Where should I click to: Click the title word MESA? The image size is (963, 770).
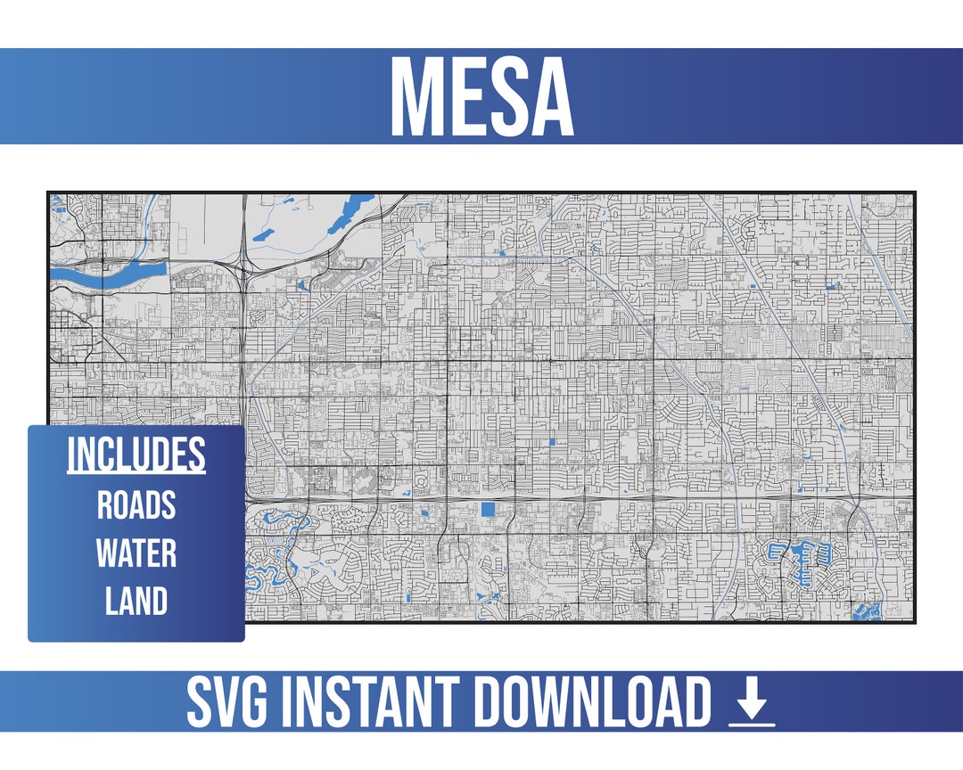tap(481, 96)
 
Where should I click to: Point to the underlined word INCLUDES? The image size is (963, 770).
tap(136, 455)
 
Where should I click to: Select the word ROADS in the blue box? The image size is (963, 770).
tap(136, 505)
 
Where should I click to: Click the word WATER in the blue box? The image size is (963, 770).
tap(136, 553)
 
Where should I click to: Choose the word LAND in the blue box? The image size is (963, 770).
tap(136, 602)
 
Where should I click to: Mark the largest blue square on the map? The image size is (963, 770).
tap(489, 510)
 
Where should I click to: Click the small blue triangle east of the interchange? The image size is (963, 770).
tap(301, 285)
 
